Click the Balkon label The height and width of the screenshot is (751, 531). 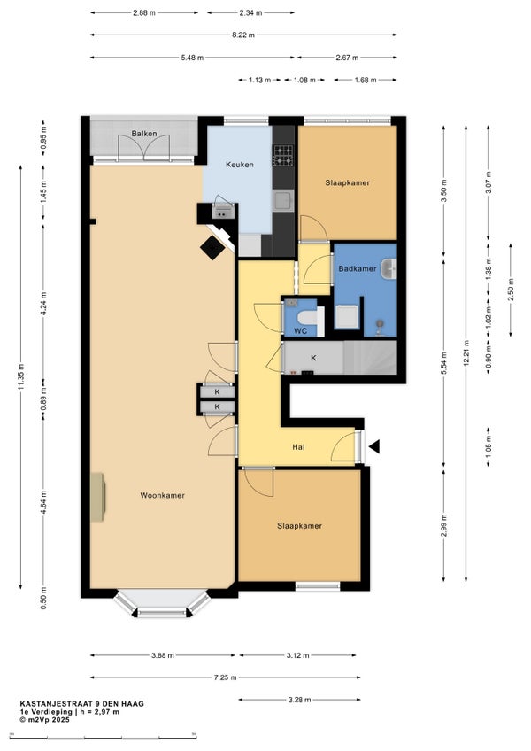[x=144, y=134]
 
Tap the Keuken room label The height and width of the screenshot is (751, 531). [x=240, y=165]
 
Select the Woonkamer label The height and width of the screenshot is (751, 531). [x=162, y=495]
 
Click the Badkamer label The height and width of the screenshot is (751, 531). [x=358, y=268]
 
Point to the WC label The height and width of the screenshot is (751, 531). [x=300, y=331]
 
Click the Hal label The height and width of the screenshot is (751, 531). [x=298, y=447]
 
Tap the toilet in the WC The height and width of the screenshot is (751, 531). [x=309, y=317]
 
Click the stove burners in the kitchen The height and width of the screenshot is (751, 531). [x=282, y=155]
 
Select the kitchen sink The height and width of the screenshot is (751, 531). [x=283, y=200]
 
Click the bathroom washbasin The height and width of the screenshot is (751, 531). [x=389, y=268]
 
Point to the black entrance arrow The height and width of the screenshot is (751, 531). [x=374, y=447]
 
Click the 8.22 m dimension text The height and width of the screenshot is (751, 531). [x=243, y=35]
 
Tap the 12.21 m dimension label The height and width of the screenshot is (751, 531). [x=466, y=353]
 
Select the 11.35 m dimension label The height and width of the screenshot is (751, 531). [x=20, y=377]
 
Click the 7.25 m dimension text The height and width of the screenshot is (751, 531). [x=225, y=677]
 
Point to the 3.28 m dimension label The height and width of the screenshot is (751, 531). [x=299, y=700]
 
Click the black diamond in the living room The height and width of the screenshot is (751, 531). [x=212, y=248]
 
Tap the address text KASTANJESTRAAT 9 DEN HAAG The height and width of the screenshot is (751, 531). [x=82, y=703]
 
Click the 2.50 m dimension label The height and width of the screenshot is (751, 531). [x=511, y=290]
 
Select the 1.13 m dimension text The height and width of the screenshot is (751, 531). [x=259, y=80]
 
